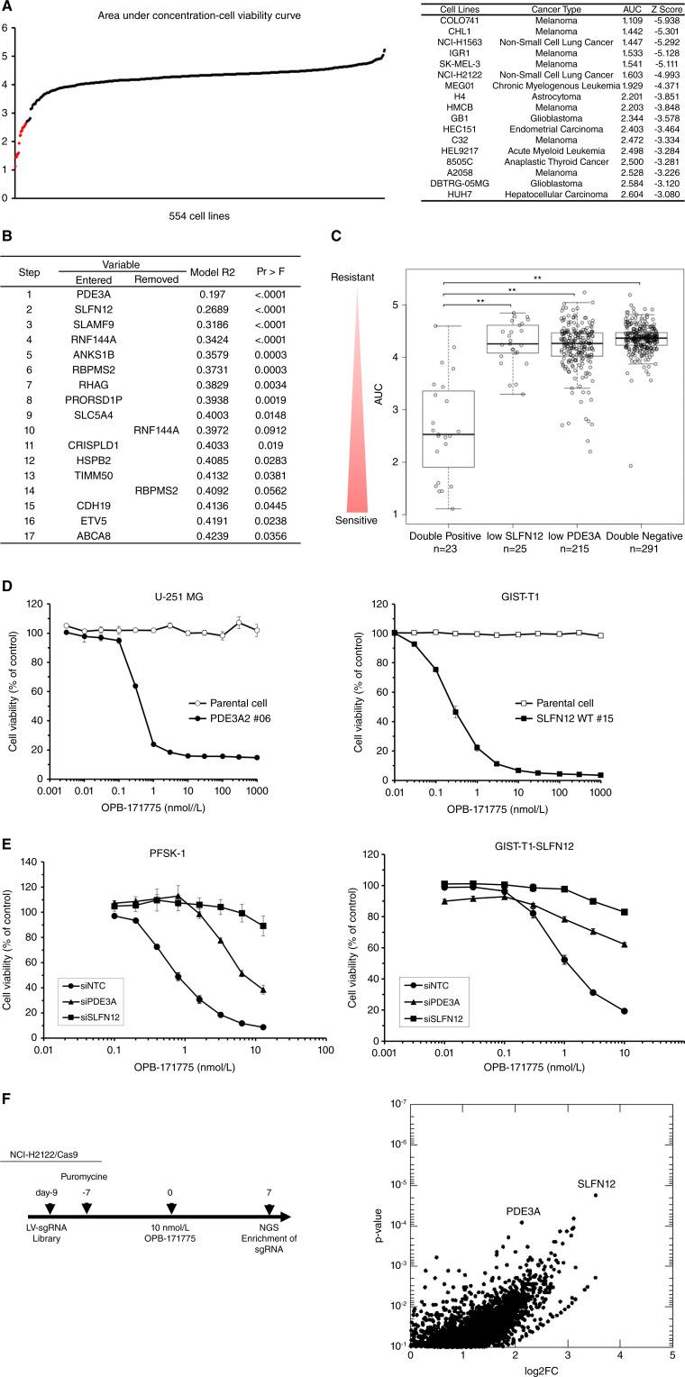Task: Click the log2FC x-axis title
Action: (x=541, y=1372)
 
